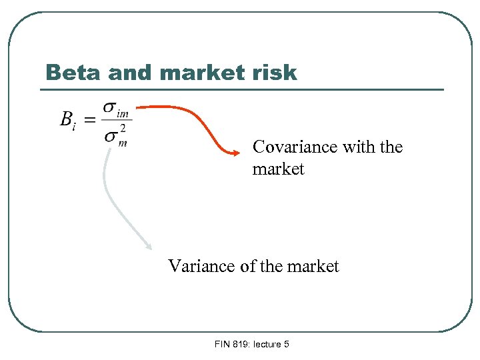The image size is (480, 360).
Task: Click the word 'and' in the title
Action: (x=129, y=72)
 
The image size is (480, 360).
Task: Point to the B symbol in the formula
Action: (x=67, y=119)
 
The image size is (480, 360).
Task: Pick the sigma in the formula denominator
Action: (x=111, y=136)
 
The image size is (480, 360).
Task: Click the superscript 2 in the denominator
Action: (x=122, y=129)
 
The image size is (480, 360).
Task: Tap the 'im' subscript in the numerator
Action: (x=123, y=113)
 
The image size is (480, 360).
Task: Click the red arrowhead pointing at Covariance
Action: (x=235, y=153)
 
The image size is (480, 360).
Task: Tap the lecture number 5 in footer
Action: (x=286, y=345)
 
